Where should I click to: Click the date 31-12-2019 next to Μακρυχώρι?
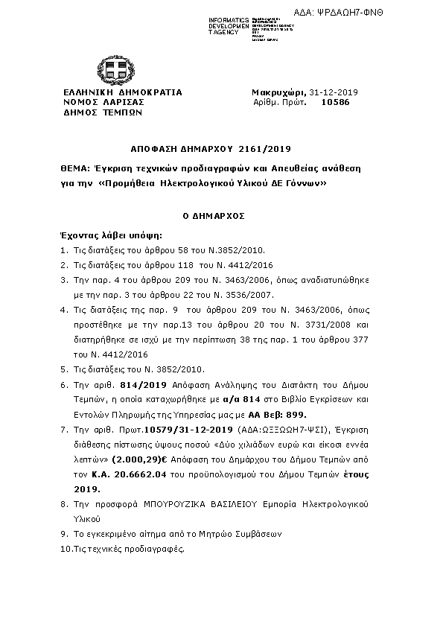point(334,92)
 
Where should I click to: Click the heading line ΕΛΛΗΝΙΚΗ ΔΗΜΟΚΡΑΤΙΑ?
point(122,92)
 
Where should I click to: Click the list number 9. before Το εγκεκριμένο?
point(64,535)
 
